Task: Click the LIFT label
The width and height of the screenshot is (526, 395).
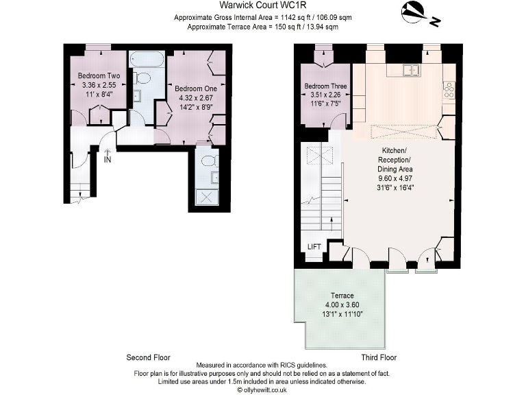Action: coord(314,247)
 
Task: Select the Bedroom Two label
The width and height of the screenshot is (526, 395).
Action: coord(99,76)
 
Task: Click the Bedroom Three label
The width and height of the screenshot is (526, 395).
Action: coord(325,86)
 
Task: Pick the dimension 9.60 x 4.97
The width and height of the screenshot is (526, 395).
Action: coord(397,177)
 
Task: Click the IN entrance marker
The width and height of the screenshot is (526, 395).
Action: coord(108,160)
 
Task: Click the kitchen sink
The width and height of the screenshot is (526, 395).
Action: coord(412,69)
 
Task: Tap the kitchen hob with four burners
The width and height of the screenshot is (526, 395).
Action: coord(449,88)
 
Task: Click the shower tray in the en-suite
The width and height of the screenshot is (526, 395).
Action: coord(206,196)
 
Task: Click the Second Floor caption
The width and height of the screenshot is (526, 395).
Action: coord(148,357)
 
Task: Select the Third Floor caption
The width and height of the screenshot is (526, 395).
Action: coord(379,357)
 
